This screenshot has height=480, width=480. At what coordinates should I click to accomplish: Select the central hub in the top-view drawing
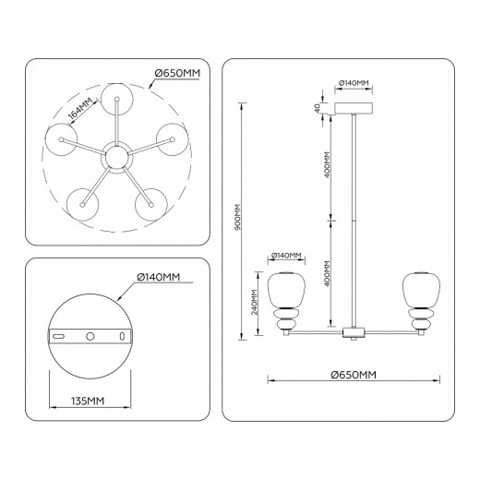pos(116,156)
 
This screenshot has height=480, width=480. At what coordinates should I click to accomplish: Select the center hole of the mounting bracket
pos(90,338)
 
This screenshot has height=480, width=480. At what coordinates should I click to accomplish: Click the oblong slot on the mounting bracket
pos(60,338)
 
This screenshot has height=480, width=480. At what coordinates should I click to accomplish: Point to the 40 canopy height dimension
pos(317,109)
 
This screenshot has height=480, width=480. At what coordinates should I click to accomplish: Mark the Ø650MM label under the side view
pos(354,375)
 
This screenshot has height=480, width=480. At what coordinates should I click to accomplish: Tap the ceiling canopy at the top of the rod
pos(354,109)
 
